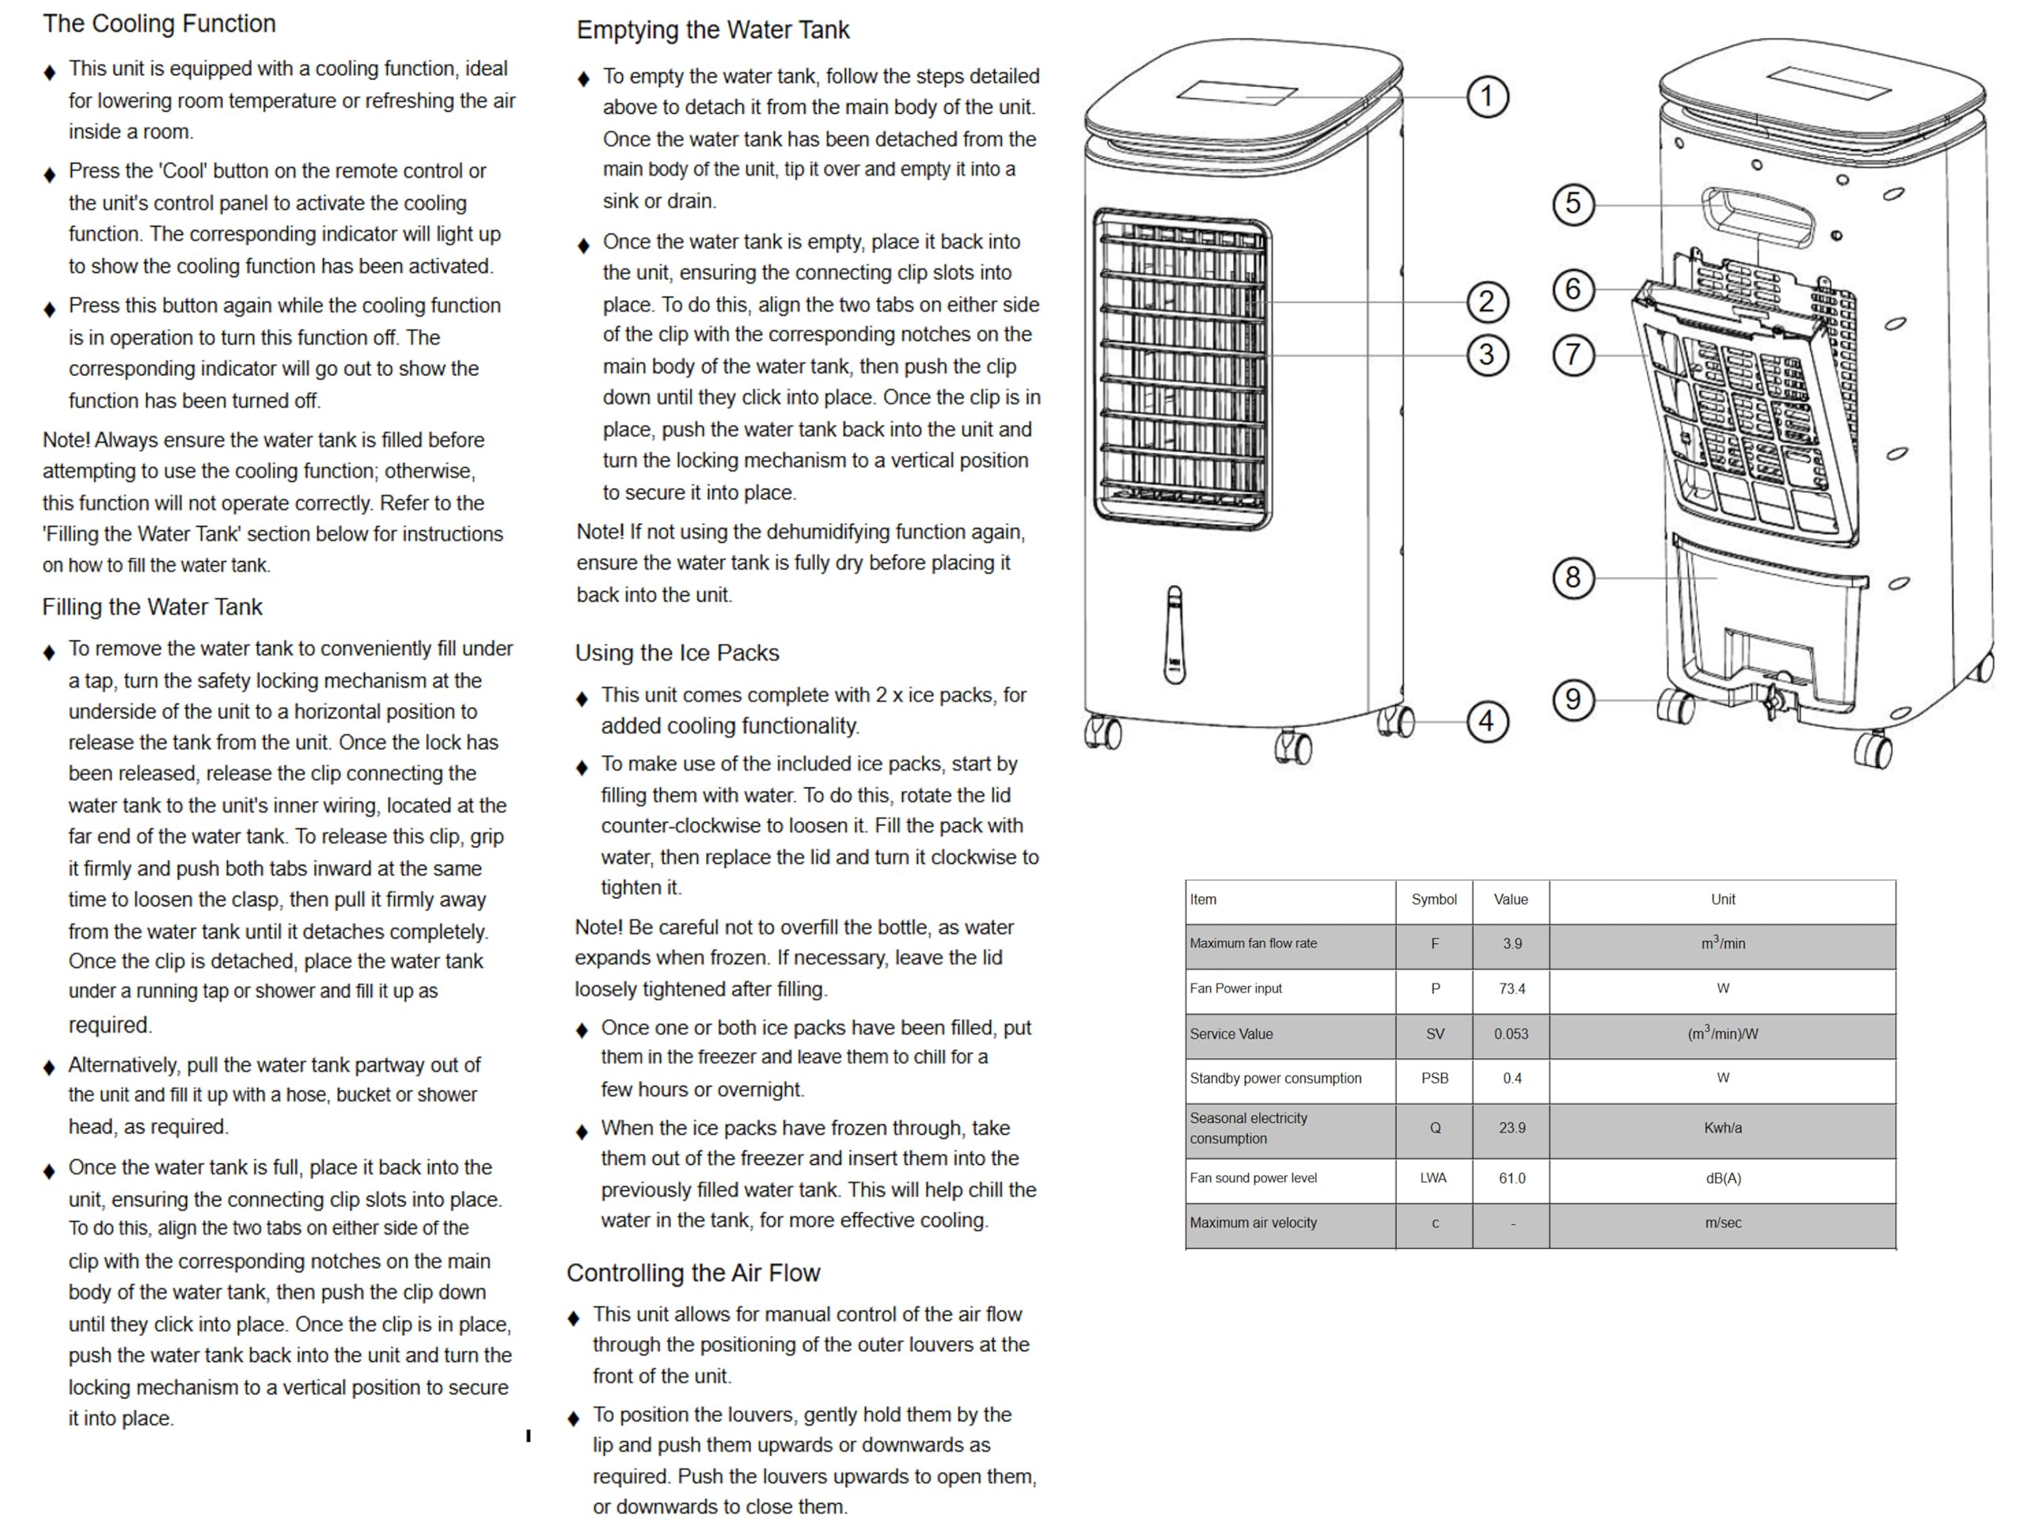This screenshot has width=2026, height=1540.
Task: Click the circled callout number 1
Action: click(x=1486, y=97)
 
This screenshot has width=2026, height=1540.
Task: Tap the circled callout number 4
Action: click(x=1486, y=722)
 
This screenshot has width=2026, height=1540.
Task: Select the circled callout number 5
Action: click(x=1573, y=203)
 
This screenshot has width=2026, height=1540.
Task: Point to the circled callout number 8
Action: click(x=1573, y=578)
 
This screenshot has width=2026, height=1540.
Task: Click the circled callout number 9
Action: click(x=1573, y=700)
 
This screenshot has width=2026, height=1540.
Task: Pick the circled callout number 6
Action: click(x=1573, y=290)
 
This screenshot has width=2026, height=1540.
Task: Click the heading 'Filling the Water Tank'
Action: click(x=152, y=607)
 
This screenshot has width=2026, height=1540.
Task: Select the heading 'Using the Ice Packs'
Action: click(x=677, y=653)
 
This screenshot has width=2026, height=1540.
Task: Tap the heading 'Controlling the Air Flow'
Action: click(x=693, y=1273)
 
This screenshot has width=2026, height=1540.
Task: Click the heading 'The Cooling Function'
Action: click(x=158, y=24)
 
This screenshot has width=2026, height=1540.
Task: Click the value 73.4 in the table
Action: click(x=1512, y=988)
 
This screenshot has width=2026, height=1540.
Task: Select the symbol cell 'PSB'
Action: click(x=1435, y=1078)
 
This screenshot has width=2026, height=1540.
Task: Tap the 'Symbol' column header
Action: click(x=1434, y=899)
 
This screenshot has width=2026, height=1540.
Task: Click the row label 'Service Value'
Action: click(x=1231, y=1034)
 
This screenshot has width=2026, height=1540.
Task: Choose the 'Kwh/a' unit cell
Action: click(x=1723, y=1128)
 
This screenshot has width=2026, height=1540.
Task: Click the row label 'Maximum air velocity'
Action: click(x=1253, y=1223)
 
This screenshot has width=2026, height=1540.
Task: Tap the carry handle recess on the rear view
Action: click(x=1758, y=216)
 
